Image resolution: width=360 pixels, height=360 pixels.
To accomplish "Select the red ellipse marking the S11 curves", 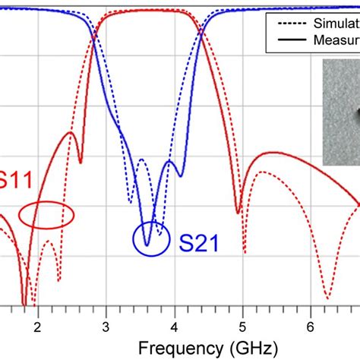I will [46, 216].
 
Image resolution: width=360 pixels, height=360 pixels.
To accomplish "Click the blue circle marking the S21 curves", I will [147, 239].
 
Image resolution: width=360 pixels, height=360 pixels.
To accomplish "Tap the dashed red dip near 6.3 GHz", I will [327, 296].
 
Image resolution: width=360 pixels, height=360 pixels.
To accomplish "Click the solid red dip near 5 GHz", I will [239, 212].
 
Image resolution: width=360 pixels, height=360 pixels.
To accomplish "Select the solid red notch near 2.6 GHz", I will [81, 162].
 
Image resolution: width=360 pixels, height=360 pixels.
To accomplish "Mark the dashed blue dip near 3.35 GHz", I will [130, 202].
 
